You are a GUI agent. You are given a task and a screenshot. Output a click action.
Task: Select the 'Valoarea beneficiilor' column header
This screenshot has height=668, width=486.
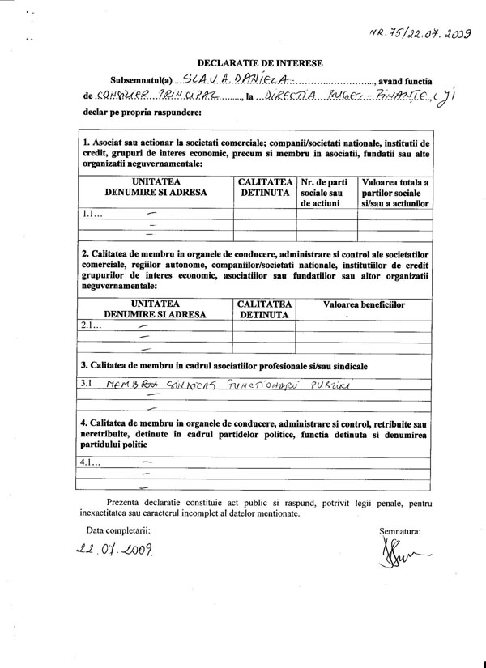pyautogui.click(x=364, y=304)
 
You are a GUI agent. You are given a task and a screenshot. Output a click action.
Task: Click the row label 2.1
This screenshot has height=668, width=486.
pyautogui.click(x=92, y=326)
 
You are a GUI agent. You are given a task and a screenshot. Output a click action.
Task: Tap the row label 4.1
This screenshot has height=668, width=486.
pyautogui.click(x=92, y=462)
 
